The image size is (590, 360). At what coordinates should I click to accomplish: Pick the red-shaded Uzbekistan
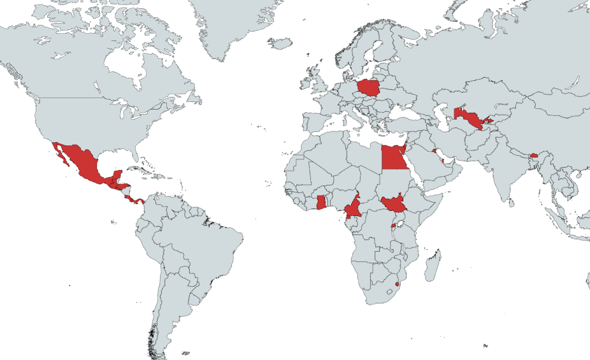coord(468,119)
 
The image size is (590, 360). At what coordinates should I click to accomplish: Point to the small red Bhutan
coord(534,155)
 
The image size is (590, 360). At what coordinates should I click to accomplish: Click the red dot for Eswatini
coord(398,284)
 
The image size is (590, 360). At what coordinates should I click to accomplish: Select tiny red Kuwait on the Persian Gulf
coord(434,151)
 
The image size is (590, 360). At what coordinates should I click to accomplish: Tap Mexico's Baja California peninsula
coord(61,153)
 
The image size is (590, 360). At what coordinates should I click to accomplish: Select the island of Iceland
coord(280,43)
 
